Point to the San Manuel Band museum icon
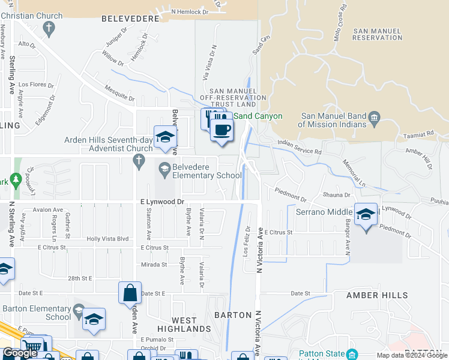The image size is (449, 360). tap(375, 116)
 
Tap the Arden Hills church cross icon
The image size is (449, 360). tap(139, 160)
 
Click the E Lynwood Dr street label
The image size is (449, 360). tap(162, 203)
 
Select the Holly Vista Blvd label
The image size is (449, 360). tap(108, 239)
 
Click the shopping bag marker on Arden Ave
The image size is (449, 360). tap(130, 294)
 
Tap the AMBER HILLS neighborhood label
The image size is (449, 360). tap(378, 295)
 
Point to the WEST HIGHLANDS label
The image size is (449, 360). tap(184, 324)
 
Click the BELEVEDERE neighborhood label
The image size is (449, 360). tap(131, 19)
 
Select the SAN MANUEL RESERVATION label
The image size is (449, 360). tap(378, 34)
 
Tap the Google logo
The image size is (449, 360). tap(20, 353)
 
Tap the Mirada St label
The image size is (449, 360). tap(154, 265)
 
